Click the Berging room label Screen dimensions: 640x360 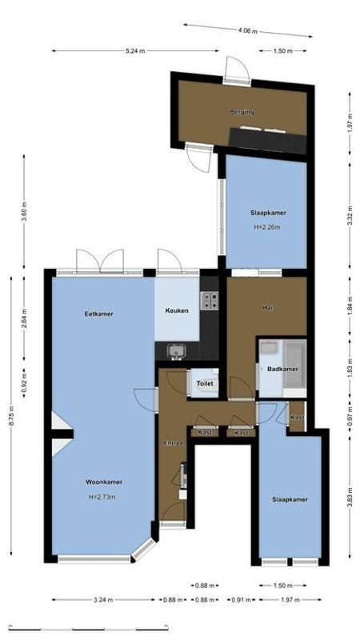pyautogui.click(x=242, y=112)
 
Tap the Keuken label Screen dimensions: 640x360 pyautogui.click(x=177, y=310)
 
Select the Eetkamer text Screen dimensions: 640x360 pyautogui.click(x=98, y=314)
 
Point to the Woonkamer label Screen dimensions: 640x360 pyautogui.click(x=103, y=482)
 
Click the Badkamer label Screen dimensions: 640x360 pyautogui.click(x=282, y=369)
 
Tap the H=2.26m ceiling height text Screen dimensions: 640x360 pyautogui.click(x=268, y=226)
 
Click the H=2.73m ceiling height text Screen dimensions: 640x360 pyautogui.click(x=102, y=496)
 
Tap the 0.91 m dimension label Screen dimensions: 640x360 pyautogui.click(x=239, y=599)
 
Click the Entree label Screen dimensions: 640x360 pyautogui.click(x=174, y=442)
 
